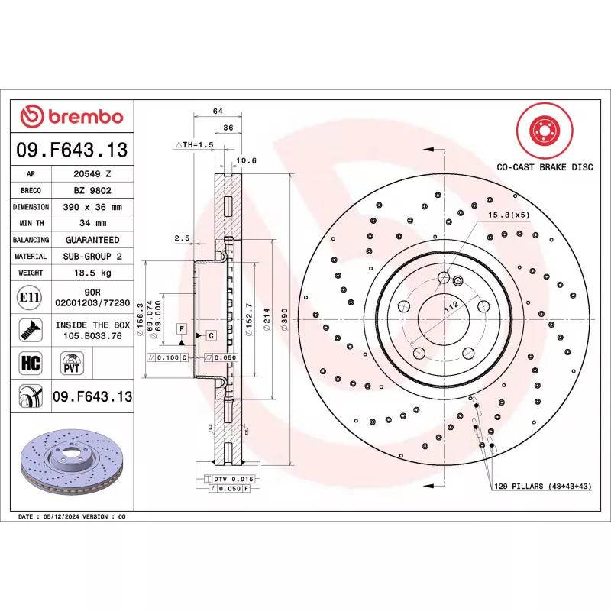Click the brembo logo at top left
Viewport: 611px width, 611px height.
[71, 117]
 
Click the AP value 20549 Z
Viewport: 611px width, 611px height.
[92, 174]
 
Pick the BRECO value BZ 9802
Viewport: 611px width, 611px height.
[92, 190]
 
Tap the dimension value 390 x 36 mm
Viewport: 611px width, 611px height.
[92, 207]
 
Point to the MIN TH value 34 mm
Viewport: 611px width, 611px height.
[92, 223]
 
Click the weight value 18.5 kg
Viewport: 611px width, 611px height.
[92, 273]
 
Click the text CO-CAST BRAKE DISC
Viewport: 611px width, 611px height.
[545, 166]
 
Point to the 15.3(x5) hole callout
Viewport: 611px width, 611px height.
[509, 215]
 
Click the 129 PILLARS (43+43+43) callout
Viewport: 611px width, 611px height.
[543, 486]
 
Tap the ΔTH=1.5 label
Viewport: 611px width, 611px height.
[193, 144]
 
